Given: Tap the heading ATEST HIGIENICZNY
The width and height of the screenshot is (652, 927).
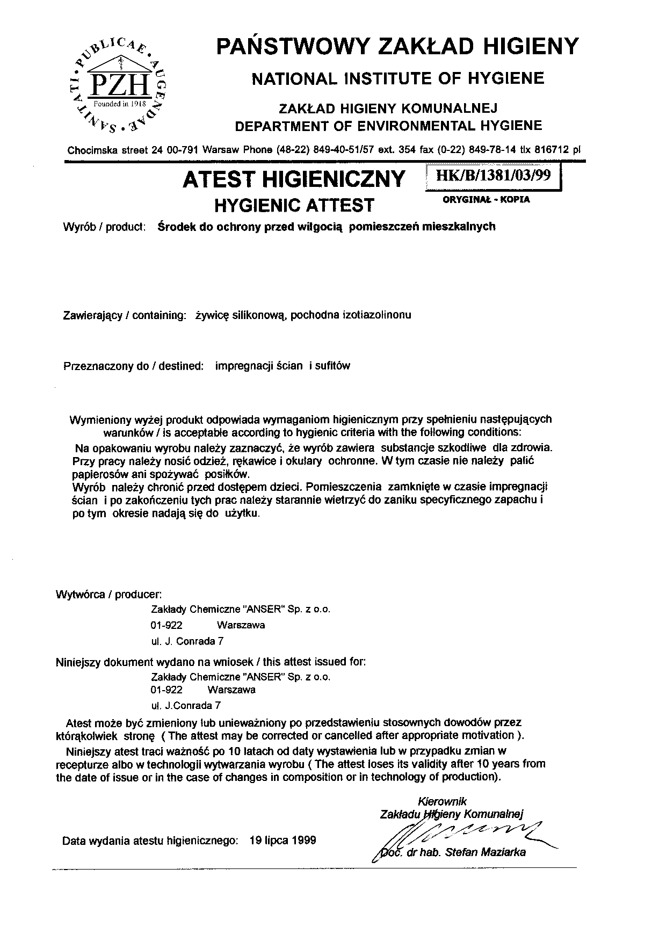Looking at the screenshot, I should tap(294, 179).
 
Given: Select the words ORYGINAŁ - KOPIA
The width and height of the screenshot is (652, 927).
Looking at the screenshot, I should tap(486, 199).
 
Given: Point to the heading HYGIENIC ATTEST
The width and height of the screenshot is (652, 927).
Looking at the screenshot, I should tap(294, 205).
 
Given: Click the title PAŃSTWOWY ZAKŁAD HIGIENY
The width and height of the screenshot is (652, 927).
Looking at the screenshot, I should tap(397, 46).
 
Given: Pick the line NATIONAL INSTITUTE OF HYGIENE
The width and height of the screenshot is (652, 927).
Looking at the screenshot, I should tap(398, 79).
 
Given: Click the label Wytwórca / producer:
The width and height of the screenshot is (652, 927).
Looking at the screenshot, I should tap(109, 595).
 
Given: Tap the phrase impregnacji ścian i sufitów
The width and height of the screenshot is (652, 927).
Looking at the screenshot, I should tap(282, 366).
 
